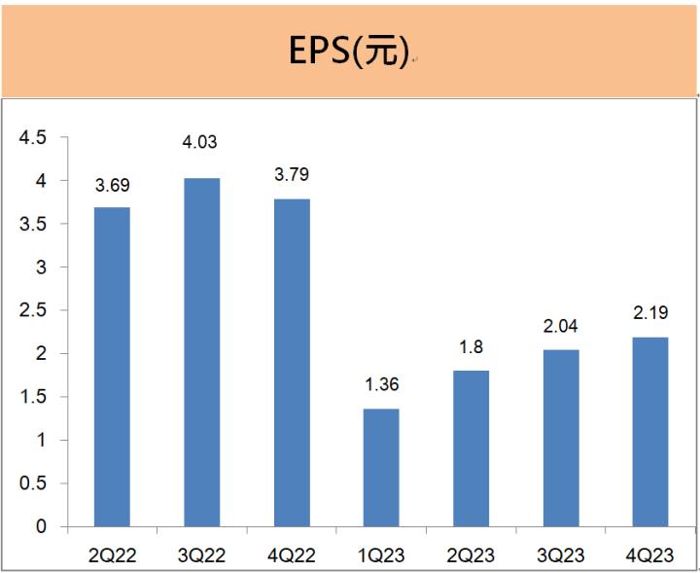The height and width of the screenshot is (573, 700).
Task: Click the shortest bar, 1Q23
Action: pyautogui.click(x=381, y=467)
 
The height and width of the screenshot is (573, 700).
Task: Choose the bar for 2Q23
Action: pyautogui.click(x=471, y=448)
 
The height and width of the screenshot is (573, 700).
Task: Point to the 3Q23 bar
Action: pyautogui.click(x=561, y=438)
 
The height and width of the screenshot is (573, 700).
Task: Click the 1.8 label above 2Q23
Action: pyautogui.click(x=471, y=346)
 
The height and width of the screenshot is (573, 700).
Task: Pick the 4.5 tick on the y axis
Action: pyautogui.click(x=34, y=138)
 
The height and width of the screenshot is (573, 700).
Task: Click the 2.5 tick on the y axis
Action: pyautogui.click(x=34, y=310)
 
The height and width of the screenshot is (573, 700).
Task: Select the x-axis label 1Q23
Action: pyautogui.click(x=381, y=555)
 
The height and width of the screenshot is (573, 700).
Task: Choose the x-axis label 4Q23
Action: pyautogui.click(x=650, y=555)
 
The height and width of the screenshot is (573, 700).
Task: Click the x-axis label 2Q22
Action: pyautogui.click(x=112, y=555)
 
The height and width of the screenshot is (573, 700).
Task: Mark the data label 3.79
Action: pyautogui.click(x=292, y=175)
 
